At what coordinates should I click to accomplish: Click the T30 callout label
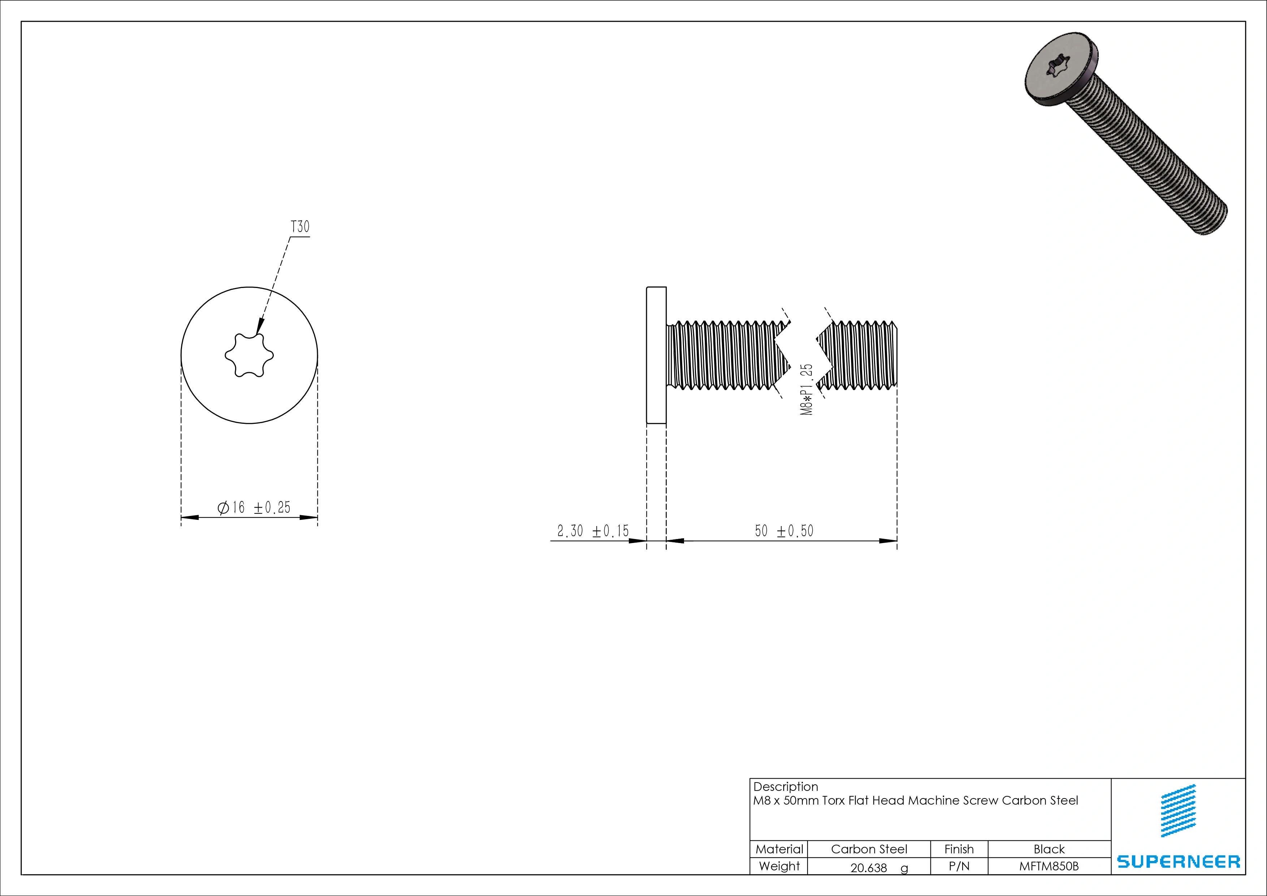(x=300, y=227)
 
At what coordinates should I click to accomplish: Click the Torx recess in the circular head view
(x=249, y=356)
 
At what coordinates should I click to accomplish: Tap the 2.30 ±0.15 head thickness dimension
(x=593, y=531)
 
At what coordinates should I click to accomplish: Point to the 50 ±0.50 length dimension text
(x=784, y=531)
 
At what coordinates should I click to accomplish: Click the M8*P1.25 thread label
(x=807, y=389)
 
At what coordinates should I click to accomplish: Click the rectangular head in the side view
(x=656, y=356)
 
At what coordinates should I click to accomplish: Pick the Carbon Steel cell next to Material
(x=869, y=849)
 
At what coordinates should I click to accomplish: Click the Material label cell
(x=779, y=849)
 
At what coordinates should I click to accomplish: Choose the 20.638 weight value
(x=869, y=868)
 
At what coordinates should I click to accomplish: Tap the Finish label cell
(x=959, y=849)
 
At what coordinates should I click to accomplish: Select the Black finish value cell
(x=1048, y=849)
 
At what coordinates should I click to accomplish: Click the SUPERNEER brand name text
(x=1178, y=862)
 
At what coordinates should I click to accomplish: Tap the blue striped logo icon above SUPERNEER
(x=1178, y=810)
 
